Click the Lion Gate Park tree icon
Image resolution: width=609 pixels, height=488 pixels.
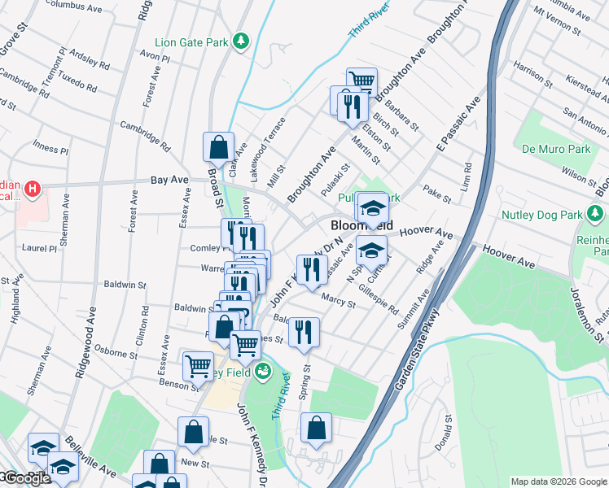click(x=240, y=41)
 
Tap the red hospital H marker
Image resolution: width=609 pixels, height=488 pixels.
click(x=32, y=190)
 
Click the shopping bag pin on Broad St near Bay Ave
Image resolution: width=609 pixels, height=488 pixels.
click(x=218, y=149)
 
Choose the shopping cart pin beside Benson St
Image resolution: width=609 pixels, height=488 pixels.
click(x=198, y=367)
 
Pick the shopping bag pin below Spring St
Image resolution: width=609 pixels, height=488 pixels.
click(x=316, y=429)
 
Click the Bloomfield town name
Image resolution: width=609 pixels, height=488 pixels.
click(x=361, y=224)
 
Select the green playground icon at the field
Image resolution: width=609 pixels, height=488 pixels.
click(x=262, y=373)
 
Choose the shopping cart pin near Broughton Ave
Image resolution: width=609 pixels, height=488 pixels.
click(x=361, y=82)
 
